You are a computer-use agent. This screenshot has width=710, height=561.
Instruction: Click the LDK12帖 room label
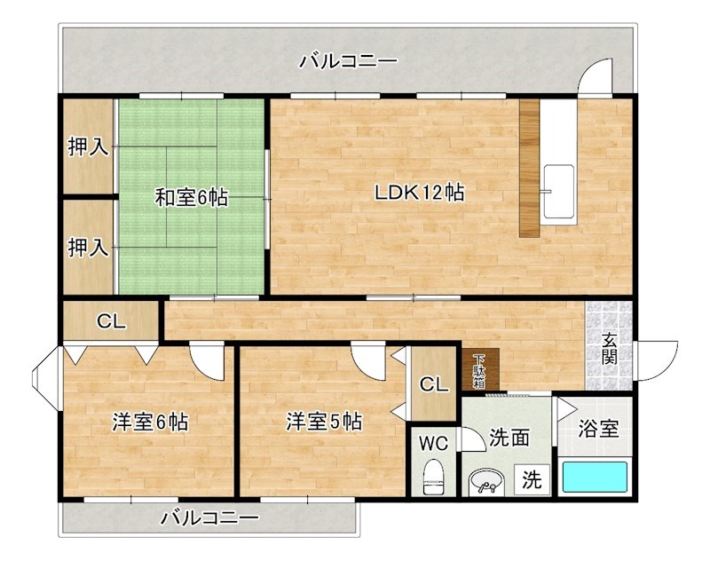[420, 192]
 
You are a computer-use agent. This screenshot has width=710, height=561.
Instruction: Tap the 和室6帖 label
[192, 197]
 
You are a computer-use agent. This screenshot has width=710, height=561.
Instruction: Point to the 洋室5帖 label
[323, 423]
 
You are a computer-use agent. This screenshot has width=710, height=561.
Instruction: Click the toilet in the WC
[433, 478]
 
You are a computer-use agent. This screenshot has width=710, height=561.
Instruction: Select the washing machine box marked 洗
[532, 480]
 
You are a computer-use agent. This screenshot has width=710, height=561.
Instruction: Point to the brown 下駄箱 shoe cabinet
[480, 369]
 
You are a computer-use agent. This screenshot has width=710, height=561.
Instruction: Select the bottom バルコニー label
[210, 518]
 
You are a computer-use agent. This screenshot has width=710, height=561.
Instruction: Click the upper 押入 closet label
[89, 146]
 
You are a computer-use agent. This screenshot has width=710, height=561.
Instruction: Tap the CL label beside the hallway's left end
[111, 321]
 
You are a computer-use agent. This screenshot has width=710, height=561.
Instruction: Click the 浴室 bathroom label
[598, 429]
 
